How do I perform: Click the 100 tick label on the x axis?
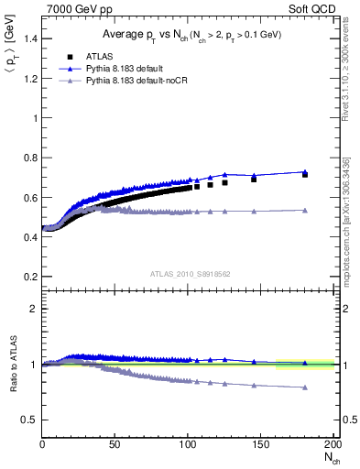click(x=188, y=444)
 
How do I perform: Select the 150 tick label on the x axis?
click(x=261, y=444)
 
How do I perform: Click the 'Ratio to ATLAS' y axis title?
click(x=11, y=365)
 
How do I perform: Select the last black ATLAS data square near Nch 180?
click(x=305, y=174)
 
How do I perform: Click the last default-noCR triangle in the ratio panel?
click(x=305, y=387)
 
